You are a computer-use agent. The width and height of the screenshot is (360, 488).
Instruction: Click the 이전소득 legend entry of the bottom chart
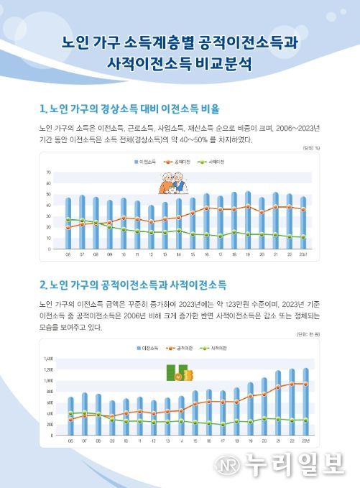coord(149,347)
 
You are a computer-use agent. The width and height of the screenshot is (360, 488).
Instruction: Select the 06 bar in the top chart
coord(68,224)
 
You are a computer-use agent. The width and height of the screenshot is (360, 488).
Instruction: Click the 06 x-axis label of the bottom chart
coord(70,440)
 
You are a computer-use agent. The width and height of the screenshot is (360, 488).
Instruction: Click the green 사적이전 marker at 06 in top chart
coord(68,219)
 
